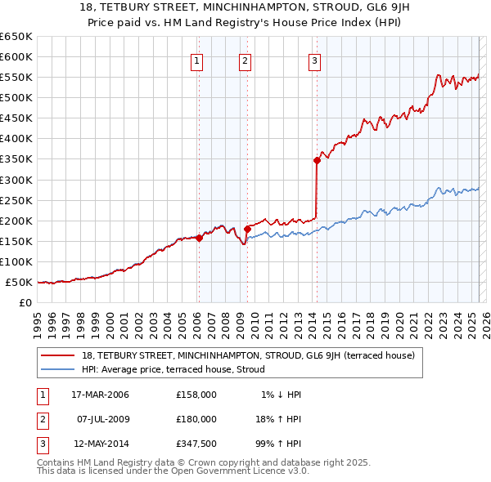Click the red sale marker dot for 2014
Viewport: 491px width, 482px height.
point(316,160)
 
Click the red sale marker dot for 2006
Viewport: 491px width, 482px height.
point(199,238)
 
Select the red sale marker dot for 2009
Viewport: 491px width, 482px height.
point(246,229)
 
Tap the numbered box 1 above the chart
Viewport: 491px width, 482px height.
point(198,60)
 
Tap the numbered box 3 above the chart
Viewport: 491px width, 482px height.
point(315,60)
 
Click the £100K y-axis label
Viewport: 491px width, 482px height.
point(18,261)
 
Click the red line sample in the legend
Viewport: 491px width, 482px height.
point(59,355)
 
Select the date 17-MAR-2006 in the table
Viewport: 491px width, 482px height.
point(100,395)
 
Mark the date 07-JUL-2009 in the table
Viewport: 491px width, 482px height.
point(100,418)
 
